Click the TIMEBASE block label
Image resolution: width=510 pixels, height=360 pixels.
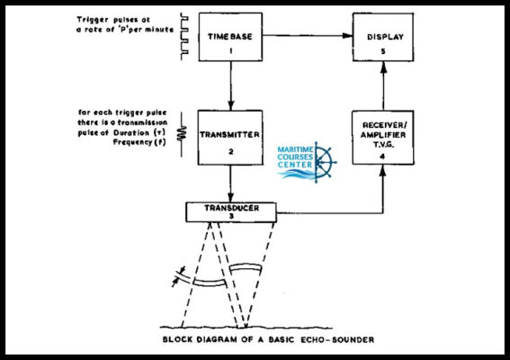point(230,37)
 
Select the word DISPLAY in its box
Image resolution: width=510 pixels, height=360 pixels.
point(385,37)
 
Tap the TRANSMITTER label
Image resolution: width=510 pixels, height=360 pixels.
point(229,135)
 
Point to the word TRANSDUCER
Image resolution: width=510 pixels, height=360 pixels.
point(231,208)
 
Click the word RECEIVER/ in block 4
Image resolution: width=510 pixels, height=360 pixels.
point(384,125)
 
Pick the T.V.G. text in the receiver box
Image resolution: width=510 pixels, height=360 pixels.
point(383,145)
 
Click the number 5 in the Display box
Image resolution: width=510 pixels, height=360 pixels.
point(383,51)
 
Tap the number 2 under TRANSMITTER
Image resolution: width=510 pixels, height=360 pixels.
point(231,152)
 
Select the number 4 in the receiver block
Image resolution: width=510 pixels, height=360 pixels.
point(382,157)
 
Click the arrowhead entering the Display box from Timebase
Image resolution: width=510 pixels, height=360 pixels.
point(348,35)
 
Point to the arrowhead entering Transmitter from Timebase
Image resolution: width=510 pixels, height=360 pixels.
point(231,105)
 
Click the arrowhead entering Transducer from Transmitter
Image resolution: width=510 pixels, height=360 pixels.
point(230,198)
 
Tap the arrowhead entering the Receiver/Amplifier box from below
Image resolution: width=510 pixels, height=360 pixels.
point(383,170)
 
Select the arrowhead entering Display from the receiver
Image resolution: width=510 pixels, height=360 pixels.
point(383,67)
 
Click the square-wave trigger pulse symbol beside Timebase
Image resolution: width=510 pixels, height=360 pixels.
point(184,37)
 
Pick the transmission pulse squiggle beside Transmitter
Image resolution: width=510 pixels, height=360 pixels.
point(182,133)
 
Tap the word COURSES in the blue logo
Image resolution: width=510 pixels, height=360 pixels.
point(295,157)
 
